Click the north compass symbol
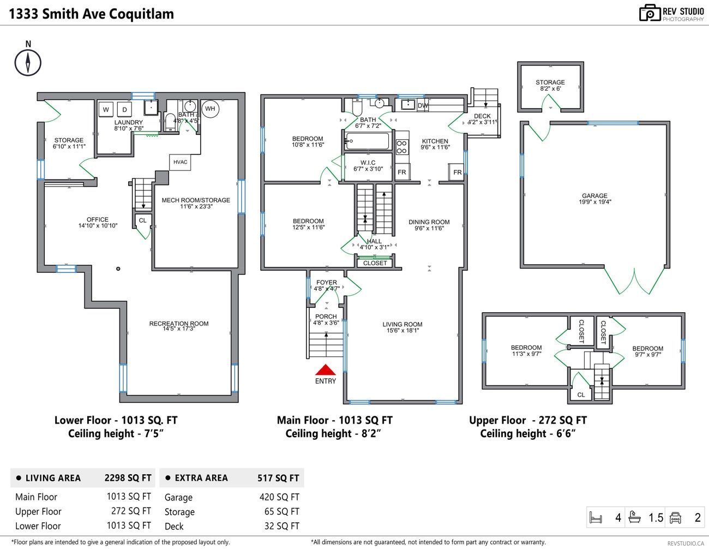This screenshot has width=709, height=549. tap(27, 62)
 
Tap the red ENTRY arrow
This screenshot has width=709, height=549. tap(326, 370)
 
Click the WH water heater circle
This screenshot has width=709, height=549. tap(210, 109)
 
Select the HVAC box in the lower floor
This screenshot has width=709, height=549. tap(181, 162)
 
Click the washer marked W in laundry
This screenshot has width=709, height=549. tap(106, 110)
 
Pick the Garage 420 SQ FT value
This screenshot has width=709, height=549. tap(279, 497)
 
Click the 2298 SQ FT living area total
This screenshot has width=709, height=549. tap(128, 478)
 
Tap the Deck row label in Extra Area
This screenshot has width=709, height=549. tap(174, 527)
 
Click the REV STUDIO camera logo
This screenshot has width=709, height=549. tap(650, 13)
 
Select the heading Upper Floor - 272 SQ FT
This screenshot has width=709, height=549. tap(527, 420)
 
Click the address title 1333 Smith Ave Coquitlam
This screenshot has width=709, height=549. tap(92, 14)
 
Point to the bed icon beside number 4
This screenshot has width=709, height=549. tap(596, 517)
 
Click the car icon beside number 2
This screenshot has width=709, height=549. tap(675, 517)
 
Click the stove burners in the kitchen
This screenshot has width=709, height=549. tap(402, 147)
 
